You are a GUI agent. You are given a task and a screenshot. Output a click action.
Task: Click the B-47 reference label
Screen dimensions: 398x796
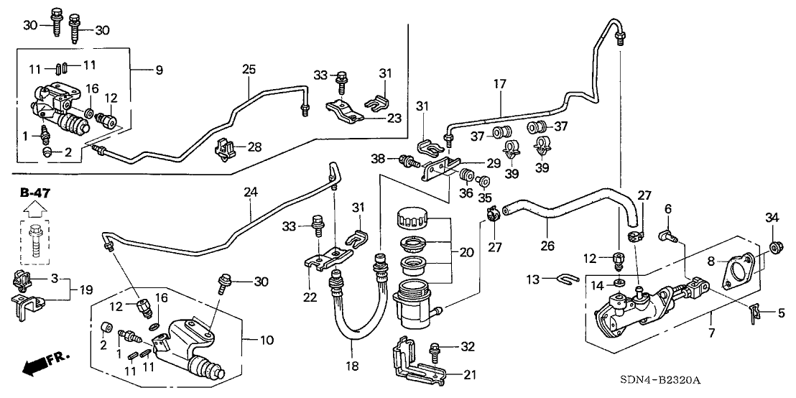(33, 193)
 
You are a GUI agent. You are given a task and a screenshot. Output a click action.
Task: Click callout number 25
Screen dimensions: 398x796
(249, 70)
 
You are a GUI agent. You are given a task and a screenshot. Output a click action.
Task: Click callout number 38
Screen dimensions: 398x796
(379, 158)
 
